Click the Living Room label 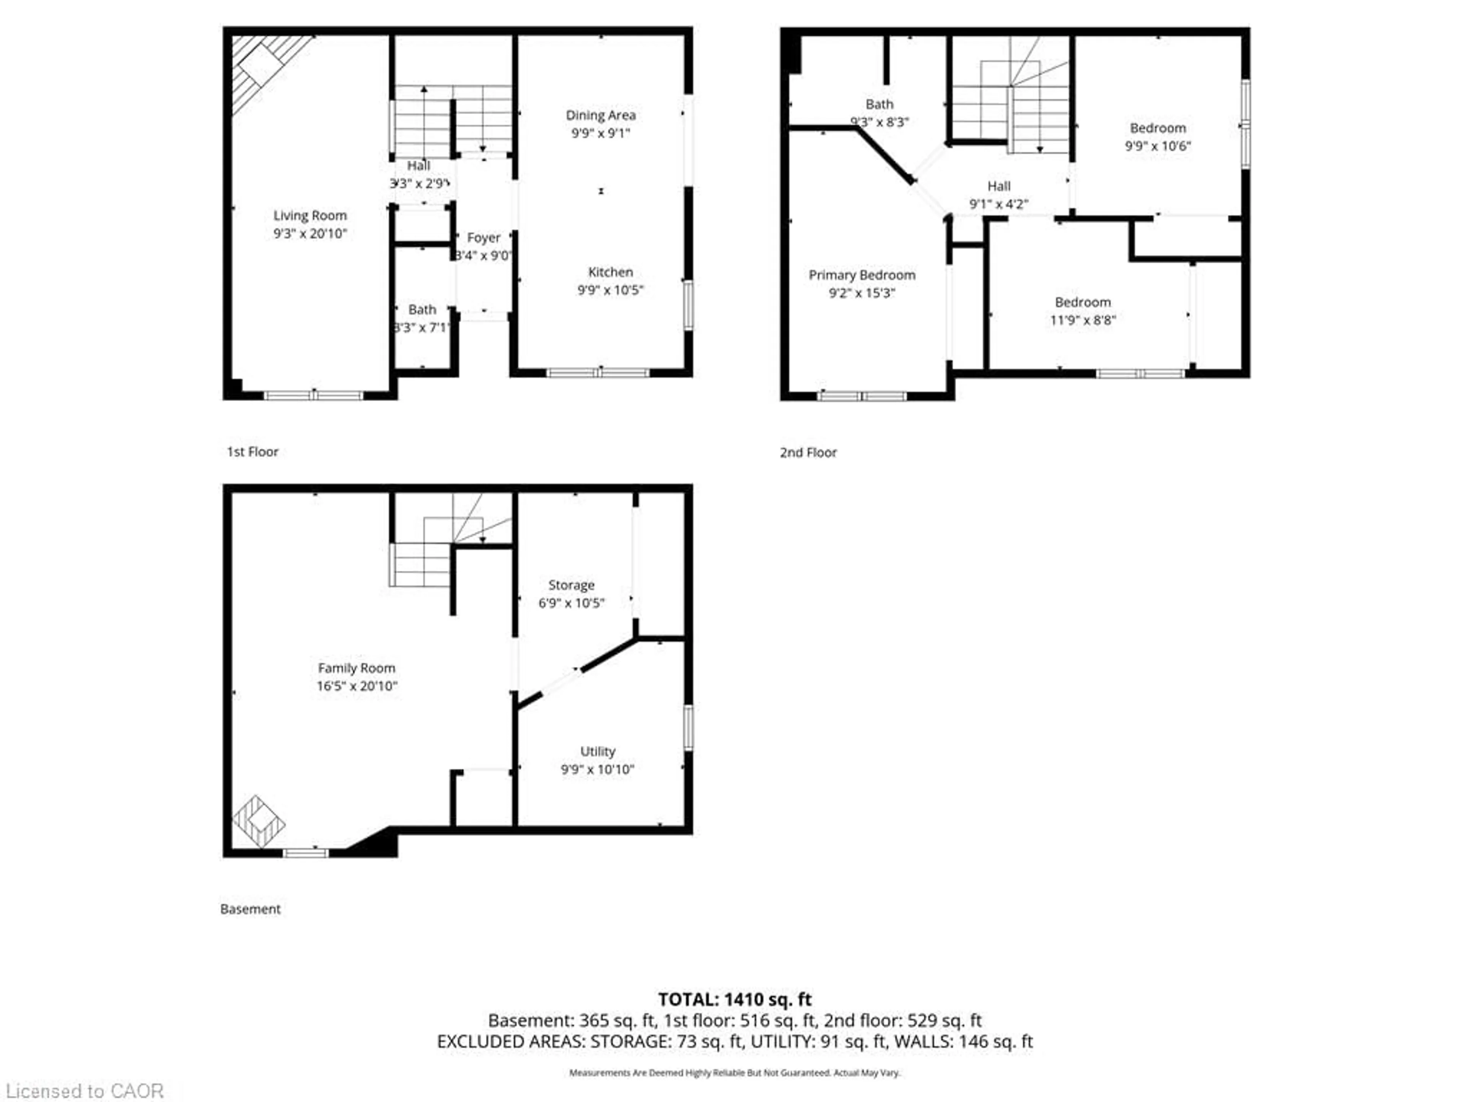(310, 216)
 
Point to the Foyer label (484, 238)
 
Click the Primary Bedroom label (862, 275)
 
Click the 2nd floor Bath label (879, 104)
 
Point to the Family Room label (357, 668)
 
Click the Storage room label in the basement (571, 585)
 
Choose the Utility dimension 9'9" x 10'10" (597, 769)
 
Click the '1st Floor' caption (252, 452)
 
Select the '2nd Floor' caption (808, 452)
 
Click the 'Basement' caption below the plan (250, 909)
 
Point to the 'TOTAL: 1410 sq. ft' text (734, 999)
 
